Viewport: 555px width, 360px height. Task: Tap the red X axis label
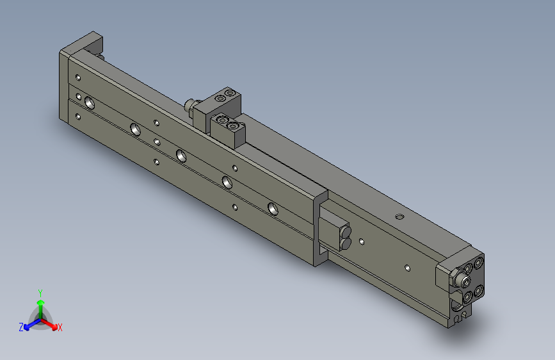[x=60, y=328]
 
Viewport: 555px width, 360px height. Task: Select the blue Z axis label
[x=21, y=327]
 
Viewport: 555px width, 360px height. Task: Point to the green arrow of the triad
[x=40, y=304]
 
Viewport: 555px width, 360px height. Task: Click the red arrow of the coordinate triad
[x=52, y=323]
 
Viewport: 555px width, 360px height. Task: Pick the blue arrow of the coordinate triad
[x=29, y=323]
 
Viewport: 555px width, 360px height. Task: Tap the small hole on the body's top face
[x=400, y=217]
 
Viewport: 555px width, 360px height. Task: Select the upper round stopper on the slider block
[x=346, y=231]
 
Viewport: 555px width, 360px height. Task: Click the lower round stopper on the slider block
[x=344, y=242]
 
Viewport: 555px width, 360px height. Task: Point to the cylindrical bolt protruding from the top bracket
[x=189, y=104]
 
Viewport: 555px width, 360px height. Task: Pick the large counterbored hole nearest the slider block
[x=273, y=208]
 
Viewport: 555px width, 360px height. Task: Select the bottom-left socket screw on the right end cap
[x=467, y=295]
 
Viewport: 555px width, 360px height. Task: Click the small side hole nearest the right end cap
[x=407, y=266]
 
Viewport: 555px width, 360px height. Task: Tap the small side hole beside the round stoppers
[x=362, y=241]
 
